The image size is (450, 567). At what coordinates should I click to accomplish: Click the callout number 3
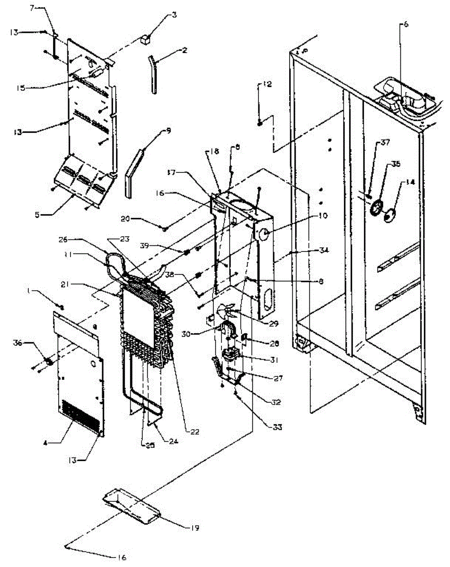(175, 15)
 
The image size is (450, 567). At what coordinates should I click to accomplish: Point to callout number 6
(405, 26)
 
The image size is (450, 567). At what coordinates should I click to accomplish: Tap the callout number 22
(194, 431)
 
